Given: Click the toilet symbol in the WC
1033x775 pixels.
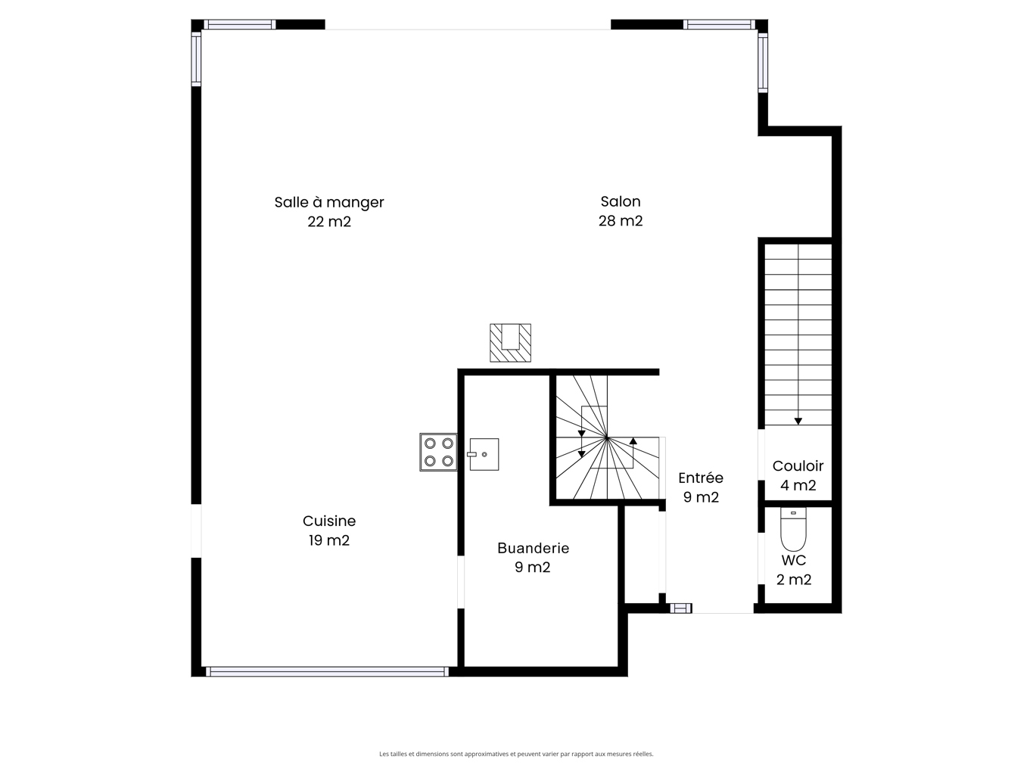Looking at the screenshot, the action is [x=793, y=528].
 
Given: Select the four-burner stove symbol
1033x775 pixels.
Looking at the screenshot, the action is [x=438, y=452].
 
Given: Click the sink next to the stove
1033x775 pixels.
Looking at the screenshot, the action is [x=484, y=454].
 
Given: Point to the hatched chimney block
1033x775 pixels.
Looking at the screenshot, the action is [x=510, y=343].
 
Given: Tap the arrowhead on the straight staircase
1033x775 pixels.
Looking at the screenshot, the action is [x=798, y=421].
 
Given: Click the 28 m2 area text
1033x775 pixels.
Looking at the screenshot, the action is [x=621, y=221].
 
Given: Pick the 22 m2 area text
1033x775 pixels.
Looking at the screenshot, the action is [x=329, y=222].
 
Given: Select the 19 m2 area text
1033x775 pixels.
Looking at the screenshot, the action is [x=329, y=540].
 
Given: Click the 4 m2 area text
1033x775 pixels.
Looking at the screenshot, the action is [x=798, y=485].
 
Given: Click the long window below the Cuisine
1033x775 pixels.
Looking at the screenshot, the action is [x=327, y=671].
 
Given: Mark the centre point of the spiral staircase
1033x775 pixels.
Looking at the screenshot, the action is [x=607, y=438].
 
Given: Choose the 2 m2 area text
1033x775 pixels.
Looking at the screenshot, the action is [x=793, y=579].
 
